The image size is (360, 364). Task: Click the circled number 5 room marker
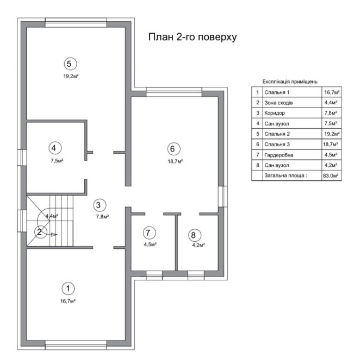coord(70,64)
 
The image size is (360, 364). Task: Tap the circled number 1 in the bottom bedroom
coord(68,288)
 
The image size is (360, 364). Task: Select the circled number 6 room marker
coord(174,149)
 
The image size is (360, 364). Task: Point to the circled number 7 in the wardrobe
coord(149,233)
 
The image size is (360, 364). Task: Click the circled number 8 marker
coord(195,235)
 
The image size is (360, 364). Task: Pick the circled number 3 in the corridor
coord(100,205)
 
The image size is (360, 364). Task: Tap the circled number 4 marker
coord(55,148)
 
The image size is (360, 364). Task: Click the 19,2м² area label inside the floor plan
coord(71,76)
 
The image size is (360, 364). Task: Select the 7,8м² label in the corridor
coord(102,217)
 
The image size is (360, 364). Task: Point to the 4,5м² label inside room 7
coord(150,244)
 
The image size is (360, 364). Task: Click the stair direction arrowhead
coord(54,235)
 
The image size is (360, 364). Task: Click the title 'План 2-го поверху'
coord(193,37)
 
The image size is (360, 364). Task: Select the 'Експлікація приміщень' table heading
coord(290,81)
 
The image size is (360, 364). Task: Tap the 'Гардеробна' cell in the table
coord(279,155)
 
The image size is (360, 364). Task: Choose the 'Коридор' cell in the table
coord(275,113)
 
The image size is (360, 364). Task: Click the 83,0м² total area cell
coord(331,175)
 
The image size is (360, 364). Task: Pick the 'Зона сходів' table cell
coord(278,103)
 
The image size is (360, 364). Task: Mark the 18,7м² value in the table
coord(331,144)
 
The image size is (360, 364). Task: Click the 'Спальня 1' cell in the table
coord(277,92)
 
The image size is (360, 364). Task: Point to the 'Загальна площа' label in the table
coord(285,175)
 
